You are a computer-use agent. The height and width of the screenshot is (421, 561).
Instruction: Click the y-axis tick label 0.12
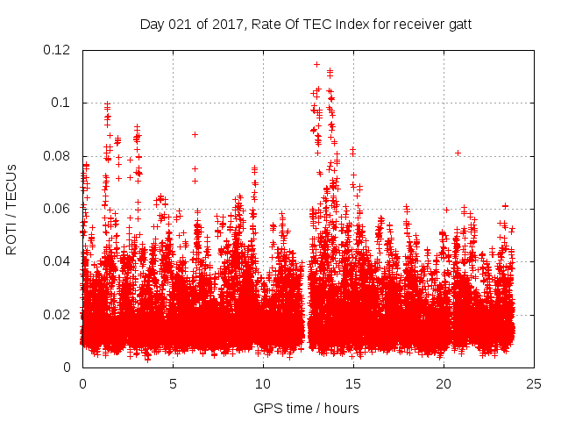point(59,50)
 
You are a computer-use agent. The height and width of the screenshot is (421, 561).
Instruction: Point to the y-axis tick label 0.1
point(64,103)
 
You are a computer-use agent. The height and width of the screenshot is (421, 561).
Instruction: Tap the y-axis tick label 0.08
point(59,156)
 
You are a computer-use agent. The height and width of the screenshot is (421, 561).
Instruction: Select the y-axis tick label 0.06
point(59,209)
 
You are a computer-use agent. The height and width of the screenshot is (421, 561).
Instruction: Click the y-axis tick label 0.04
point(59,261)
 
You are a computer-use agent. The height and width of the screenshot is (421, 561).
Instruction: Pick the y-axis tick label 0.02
point(59,315)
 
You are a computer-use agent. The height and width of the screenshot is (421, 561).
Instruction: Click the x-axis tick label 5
point(173,383)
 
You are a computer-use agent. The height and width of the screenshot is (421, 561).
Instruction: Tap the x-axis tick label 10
point(263,383)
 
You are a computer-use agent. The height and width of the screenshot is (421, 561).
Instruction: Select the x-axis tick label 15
point(353,383)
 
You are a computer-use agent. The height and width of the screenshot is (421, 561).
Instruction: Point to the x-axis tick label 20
point(444,383)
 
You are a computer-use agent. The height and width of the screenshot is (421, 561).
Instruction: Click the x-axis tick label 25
point(533,383)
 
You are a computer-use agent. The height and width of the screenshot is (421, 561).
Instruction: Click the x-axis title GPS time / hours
point(306,408)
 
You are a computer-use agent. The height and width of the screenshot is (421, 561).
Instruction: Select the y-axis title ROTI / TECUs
point(12,209)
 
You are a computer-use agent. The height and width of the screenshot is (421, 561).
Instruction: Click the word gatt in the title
point(458,25)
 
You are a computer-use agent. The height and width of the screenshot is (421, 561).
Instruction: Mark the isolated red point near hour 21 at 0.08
point(458,153)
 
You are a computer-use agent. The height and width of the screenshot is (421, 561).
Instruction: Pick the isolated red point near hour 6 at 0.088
point(195,134)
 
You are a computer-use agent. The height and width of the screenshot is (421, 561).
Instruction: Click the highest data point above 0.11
point(316,64)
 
